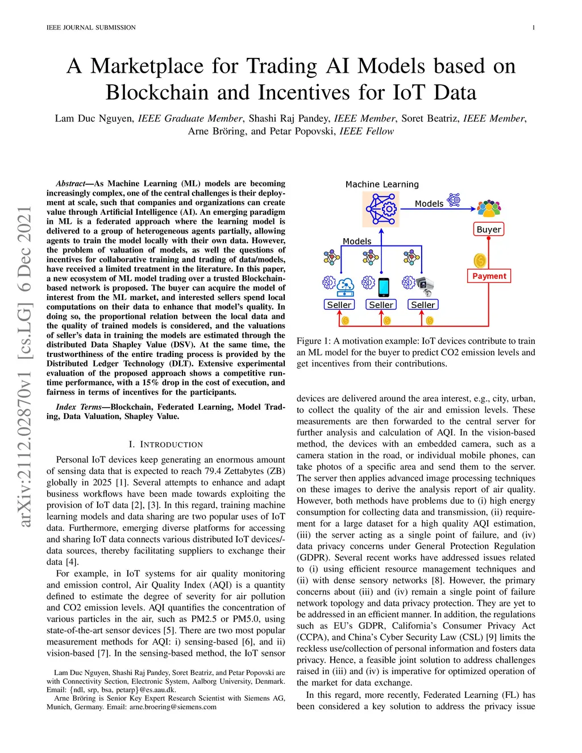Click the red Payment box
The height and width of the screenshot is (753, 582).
pyautogui.click(x=489, y=276)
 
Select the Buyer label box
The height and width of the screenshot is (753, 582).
pyautogui.click(x=489, y=230)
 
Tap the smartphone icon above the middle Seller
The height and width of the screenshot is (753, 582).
pyautogui.click(x=384, y=286)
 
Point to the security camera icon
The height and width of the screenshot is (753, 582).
pyautogui.click(x=425, y=285)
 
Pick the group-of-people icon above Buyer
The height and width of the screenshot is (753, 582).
pyautogui.click(x=489, y=209)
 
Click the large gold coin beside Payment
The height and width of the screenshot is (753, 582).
pyautogui.click(x=480, y=260)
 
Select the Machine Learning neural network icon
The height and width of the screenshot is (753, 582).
pyautogui.click(x=381, y=209)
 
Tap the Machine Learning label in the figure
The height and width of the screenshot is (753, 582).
pyautogui.click(x=382, y=185)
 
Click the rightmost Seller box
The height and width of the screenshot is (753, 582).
pyautogui.click(x=423, y=305)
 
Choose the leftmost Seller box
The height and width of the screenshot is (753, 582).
pyautogui.click(x=339, y=305)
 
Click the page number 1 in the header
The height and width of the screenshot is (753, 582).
pyautogui.click(x=533, y=27)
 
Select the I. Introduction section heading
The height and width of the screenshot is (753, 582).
pyautogui.click(x=166, y=444)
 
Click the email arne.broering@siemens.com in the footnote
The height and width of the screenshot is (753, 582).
pyautogui.click(x=173, y=707)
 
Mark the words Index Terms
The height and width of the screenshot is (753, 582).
pyautogui.click(x=78, y=407)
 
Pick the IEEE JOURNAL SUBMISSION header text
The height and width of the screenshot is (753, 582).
pyautogui.click(x=91, y=27)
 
